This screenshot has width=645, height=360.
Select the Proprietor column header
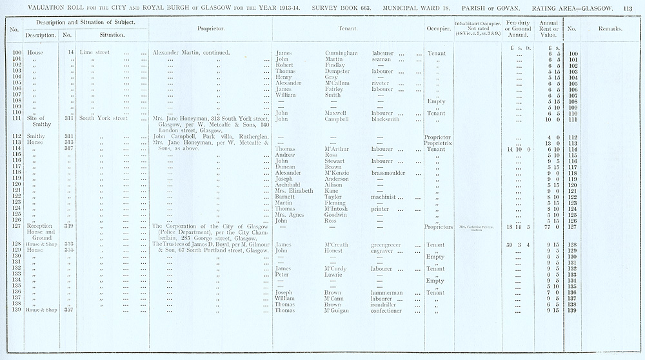210,28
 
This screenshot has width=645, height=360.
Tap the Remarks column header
610,28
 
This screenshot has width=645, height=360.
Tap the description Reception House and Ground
41,232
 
